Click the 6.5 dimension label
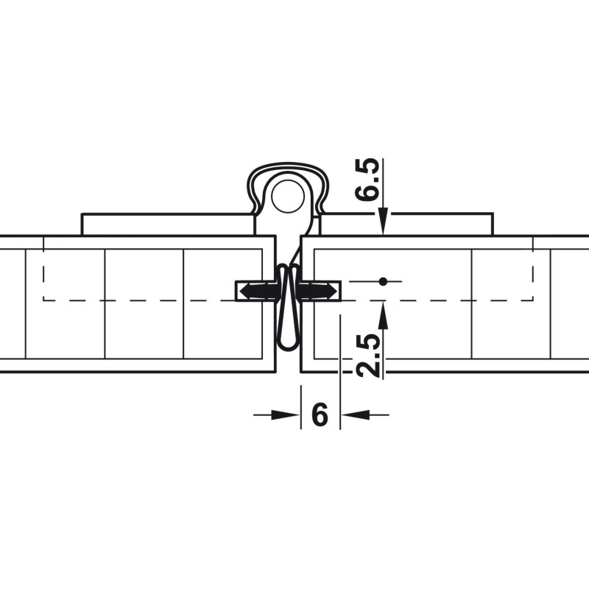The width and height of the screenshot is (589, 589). pos(367,180)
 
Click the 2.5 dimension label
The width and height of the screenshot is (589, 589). pos(367,355)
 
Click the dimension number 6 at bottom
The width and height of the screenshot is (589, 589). pos(320,415)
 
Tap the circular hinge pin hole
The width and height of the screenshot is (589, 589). pos(288,197)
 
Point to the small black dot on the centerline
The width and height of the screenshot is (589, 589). pos(383,281)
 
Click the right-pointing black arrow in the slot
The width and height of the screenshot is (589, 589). pos(318,291)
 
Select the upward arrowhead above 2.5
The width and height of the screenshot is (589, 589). pos(383,315)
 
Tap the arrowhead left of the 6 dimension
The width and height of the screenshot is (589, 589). pos(286,415)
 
